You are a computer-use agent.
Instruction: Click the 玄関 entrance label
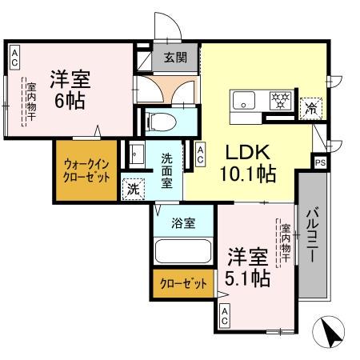coord(176,57)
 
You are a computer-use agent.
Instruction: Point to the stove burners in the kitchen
coord(280,101)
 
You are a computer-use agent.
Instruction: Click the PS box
coord(320,162)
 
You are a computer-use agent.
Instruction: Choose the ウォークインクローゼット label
coord(87,170)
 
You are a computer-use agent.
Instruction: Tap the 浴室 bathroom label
coord(183,223)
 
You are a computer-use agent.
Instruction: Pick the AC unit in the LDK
coord(200,154)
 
